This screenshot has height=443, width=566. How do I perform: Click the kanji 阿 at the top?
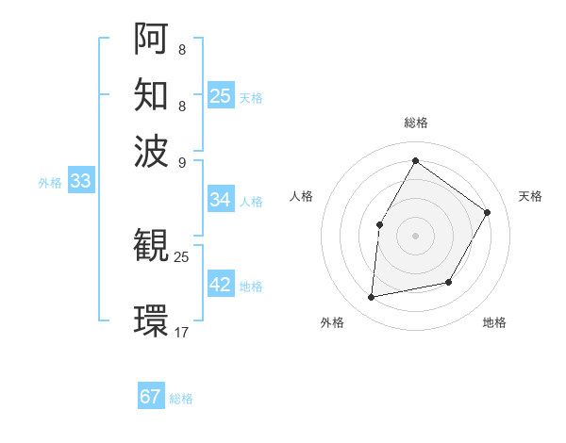click(x=151, y=39)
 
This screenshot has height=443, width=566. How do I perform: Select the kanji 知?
click(x=151, y=94)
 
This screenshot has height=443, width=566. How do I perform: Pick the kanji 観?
click(x=151, y=246)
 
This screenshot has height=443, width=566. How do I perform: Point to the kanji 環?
click(x=151, y=320)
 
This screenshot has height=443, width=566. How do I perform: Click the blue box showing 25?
click(x=221, y=95)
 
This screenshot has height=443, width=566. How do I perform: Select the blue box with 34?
click(x=221, y=200)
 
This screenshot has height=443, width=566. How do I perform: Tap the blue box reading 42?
click(x=221, y=285)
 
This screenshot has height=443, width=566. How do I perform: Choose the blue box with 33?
click(x=80, y=182)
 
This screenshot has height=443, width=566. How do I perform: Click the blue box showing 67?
click(x=151, y=397)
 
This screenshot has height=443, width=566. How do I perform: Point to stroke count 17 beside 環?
click(x=182, y=332)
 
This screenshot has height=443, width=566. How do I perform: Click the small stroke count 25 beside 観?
click(x=182, y=256)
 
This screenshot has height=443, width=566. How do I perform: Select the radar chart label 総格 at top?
click(x=416, y=123)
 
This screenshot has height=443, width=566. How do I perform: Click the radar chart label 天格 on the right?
click(x=530, y=196)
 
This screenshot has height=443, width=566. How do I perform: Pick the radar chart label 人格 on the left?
click(x=302, y=196)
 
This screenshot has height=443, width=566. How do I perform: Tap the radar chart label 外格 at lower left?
click(x=332, y=322)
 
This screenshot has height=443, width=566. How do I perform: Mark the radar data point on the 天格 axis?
click(x=488, y=212)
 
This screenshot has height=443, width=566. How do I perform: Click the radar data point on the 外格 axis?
click(x=372, y=298)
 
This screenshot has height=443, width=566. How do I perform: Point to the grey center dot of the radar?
click(x=415, y=235)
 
